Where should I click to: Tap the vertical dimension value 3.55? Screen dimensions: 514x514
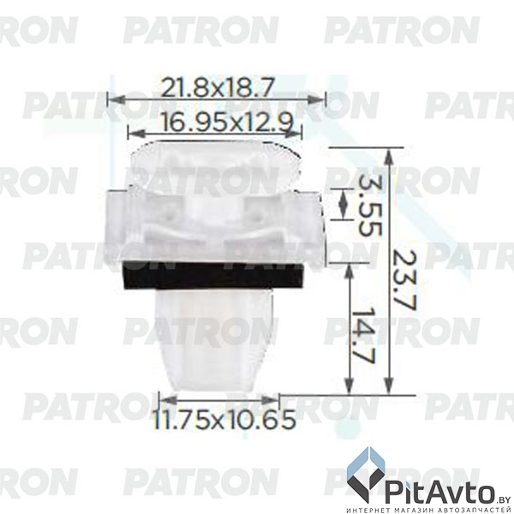coord(368,206)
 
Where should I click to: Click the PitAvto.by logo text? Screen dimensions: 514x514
coord(441,491)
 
